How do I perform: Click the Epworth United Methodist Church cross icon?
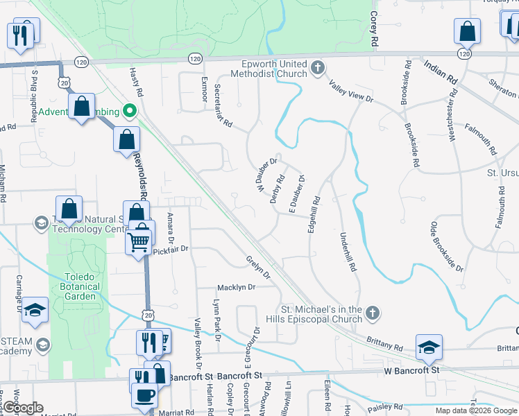pyautogui.click(x=318, y=68)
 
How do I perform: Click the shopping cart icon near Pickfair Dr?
pyautogui.click(x=138, y=241)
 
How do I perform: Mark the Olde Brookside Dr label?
pyautogui.click(x=447, y=245)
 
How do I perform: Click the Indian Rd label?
pyautogui.click(x=440, y=73)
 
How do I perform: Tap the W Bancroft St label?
pyautogui.click(x=407, y=371)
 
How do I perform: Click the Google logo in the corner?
pyautogui.click(x=24, y=408)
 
